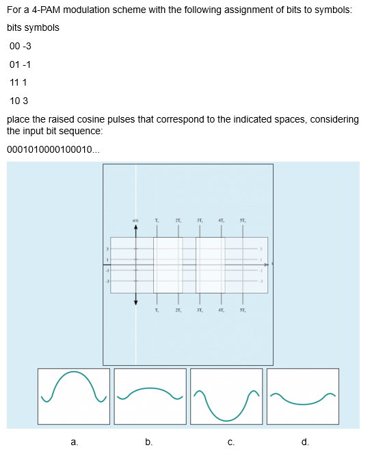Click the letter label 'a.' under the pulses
click(x=74, y=442)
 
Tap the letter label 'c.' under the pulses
click(x=231, y=442)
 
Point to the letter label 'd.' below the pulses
click(x=305, y=442)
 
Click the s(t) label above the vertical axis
click(x=135, y=220)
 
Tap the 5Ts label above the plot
click(x=242, y=220)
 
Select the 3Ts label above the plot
click(x=200, y=220)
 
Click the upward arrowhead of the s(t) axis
click(x=135, y=230)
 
